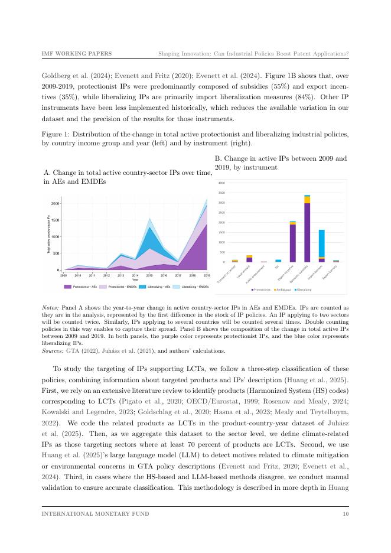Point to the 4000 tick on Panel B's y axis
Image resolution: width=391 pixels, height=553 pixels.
[x=221, y=183]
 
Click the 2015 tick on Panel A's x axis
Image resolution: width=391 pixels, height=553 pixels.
[x=149, y=275]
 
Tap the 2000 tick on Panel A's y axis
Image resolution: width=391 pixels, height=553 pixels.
[x=54, y=204]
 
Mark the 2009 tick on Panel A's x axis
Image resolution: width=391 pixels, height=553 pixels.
[x=64, y=275]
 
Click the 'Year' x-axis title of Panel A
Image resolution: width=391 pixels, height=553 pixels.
[x=136, y=279]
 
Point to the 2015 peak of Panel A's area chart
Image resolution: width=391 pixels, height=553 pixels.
[x=150, y=218]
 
